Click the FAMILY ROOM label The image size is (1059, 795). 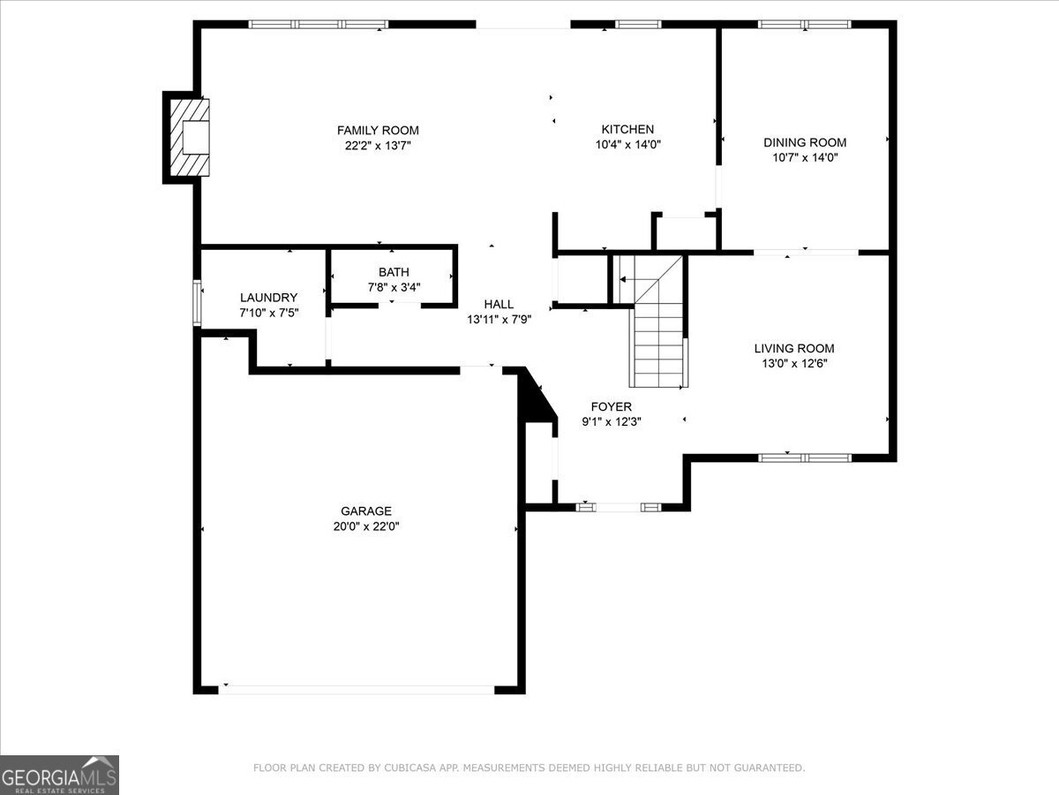(378, 131)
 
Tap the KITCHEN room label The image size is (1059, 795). (627, 129)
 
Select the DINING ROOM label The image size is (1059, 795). (805, 142)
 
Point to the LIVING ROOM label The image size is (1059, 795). (794, 348)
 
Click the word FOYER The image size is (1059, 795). (612, 406)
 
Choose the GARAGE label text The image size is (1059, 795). (366, 511)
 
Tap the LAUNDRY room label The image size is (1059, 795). (269, 298)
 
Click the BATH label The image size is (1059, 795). (394, 272)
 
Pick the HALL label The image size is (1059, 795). (499, 304)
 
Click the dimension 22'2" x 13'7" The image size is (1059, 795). (378, 145)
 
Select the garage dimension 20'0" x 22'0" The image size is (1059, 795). (366, 526)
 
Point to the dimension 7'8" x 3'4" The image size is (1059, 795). (394, 287)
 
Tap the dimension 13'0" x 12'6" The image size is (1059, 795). (794, 363)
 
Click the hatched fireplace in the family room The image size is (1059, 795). (190, 138)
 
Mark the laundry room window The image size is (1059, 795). (197, 303)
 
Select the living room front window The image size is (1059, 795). (804, 458)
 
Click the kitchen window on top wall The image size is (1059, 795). (638, 24)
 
